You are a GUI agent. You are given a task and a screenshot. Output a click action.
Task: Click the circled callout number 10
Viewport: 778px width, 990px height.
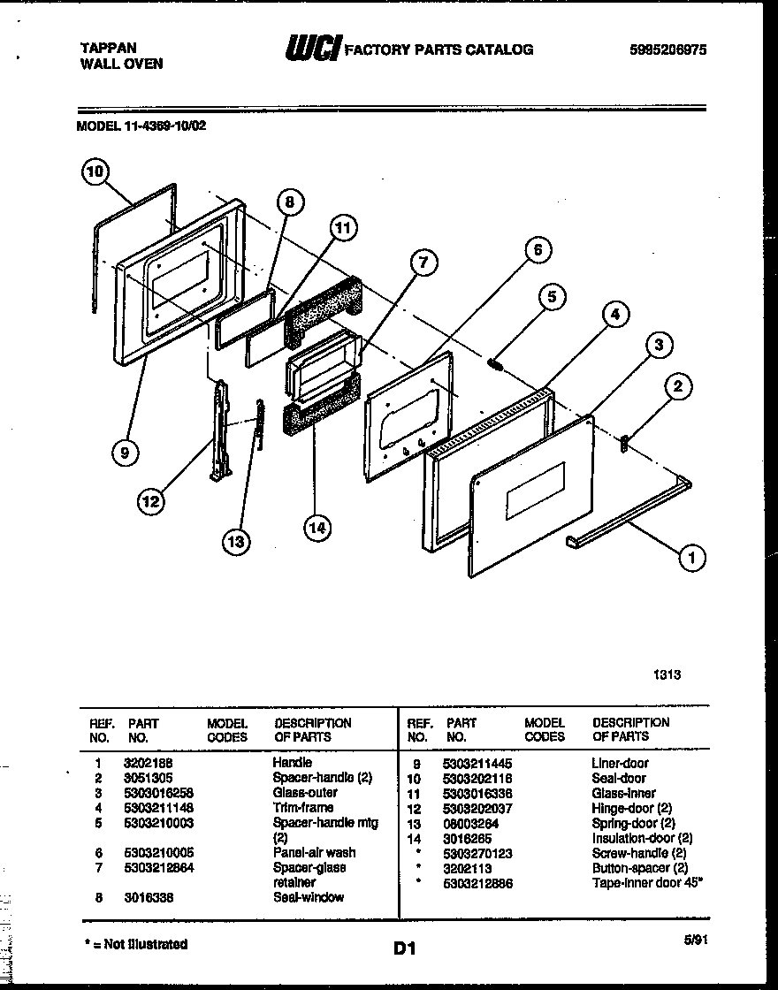point(95,171)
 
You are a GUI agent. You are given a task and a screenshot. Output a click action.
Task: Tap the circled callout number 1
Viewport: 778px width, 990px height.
point(692,556)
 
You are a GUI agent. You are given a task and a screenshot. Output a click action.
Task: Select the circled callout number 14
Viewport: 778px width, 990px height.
point(316,528)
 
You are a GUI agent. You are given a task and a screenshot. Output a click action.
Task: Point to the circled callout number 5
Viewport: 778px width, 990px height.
point(552,297)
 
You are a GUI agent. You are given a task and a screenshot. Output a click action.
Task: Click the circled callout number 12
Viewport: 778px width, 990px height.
point(150,502)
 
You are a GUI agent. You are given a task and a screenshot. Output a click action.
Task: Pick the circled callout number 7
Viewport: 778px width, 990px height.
point(423,262)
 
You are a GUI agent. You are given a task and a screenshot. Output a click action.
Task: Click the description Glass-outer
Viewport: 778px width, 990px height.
point(302,793)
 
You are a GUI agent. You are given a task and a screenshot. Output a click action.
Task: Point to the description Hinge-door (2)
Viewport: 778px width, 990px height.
point(631,808)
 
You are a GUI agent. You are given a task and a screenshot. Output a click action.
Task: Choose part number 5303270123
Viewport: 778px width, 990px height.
point(477,853)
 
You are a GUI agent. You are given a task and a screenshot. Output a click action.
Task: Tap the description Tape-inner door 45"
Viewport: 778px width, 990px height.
point(647,883)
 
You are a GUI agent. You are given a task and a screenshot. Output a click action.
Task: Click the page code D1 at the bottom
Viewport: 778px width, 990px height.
point(404,949)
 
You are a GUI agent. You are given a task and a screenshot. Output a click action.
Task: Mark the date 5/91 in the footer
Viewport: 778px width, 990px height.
point(696,940)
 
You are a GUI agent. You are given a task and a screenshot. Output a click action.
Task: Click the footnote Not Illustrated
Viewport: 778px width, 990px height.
point(142,944)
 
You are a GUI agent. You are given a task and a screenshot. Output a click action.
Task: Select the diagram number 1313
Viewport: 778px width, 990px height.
point(667,674)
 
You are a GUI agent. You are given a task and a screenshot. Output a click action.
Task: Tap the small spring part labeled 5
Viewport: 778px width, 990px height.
point(496,362)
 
